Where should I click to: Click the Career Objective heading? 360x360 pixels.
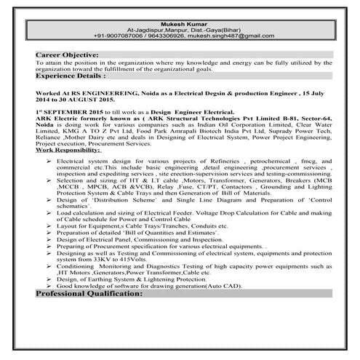coord(67,55)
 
